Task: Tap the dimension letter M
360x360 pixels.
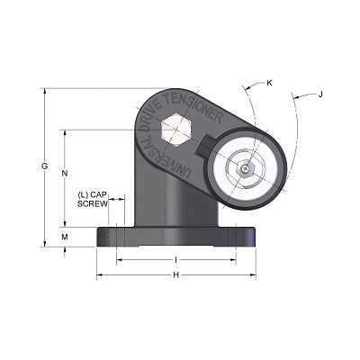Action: click(x=64, y=237)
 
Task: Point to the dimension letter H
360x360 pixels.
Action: click(x=176, y=274)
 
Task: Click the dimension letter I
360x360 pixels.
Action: click(x=176, y=259)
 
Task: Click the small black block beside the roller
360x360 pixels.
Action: click(x=205, y=145)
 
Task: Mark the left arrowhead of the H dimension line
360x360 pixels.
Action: click(x=100, y=274)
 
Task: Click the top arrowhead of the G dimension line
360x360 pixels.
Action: click(x=43, y=91)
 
